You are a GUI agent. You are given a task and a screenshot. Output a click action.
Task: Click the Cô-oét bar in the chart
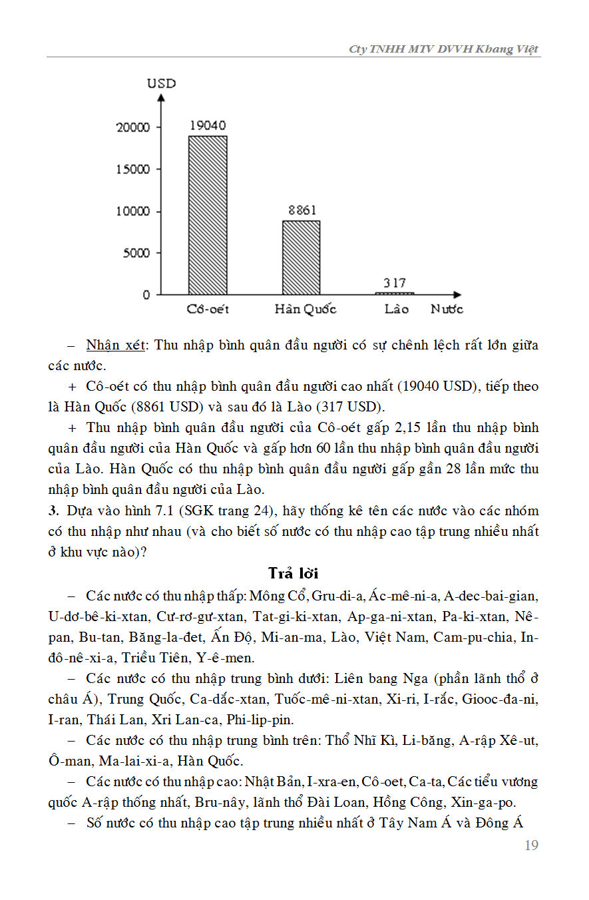[208, 215]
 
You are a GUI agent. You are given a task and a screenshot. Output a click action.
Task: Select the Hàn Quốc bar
[301, 258]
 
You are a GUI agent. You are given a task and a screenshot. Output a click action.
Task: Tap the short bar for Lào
[395, 293]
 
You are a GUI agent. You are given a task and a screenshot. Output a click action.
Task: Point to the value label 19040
[208, 125]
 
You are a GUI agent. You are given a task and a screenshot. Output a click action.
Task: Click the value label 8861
[302, 210]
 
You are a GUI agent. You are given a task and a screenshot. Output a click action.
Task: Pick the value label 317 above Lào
[395, 283]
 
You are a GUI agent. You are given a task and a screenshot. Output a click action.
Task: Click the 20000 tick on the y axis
[134, 127]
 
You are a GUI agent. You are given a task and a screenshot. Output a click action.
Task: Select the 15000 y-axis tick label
[134, 169]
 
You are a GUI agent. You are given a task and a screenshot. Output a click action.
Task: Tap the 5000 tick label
[137, 253]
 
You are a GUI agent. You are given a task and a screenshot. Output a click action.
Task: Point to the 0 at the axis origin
[146, 295]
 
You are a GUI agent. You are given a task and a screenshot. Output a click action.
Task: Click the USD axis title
[161, 84]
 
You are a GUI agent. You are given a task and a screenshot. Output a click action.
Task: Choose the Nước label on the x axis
[447, 310]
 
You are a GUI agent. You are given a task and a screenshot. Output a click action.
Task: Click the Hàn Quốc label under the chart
[305, 310]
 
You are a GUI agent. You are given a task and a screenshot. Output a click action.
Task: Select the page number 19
[531, 845]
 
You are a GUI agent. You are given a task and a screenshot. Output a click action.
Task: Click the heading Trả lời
[294, 573]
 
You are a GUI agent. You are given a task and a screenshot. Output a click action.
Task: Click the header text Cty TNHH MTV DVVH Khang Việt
[443, 49]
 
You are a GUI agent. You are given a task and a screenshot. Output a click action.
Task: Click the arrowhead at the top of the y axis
[161, 97]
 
